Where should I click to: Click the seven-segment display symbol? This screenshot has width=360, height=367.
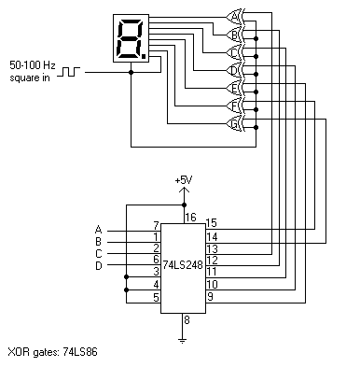129,38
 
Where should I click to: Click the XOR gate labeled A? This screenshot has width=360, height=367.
234,15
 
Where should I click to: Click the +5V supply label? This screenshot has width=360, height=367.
184,179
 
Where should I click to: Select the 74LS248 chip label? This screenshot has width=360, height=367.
184,265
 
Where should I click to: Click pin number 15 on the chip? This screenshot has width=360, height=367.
212,222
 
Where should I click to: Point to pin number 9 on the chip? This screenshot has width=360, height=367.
212,297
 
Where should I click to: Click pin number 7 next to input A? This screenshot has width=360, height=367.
155,225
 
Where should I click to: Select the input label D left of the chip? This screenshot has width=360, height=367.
98,266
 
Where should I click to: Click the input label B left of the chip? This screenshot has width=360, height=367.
98,241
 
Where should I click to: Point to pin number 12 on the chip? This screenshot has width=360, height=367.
213,260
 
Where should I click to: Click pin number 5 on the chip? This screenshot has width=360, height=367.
155,297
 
